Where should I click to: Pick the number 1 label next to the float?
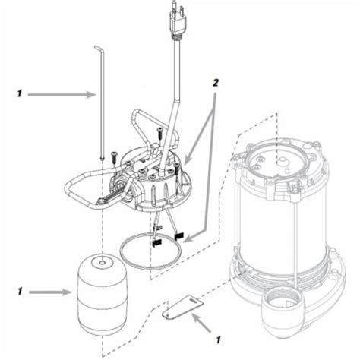coord(17,289)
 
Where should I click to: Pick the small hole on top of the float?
coord(100,264)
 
